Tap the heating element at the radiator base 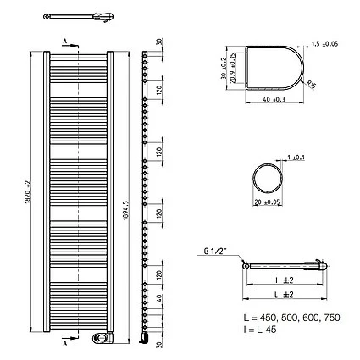[102, 338]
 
